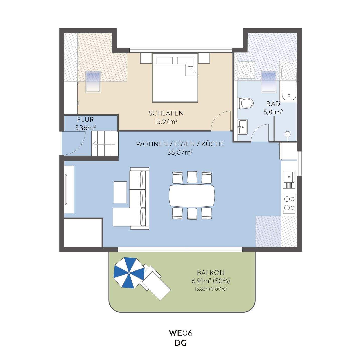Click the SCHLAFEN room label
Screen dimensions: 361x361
click(166, 113)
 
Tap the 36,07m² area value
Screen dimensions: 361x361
click(180, 152)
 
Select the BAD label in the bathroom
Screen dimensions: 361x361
click(273, 104)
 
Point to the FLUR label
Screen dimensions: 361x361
click(85, 120)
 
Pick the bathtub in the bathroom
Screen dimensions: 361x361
click(288, 81)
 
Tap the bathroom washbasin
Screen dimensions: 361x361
click(242, 127)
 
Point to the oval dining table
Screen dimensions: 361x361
click(192, 195)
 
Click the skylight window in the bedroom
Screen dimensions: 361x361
click(93, 82)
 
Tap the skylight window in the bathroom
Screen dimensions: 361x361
click(269, 82)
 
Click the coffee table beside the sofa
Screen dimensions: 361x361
click(120, 192)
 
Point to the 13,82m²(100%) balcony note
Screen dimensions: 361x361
click(211, 289)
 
